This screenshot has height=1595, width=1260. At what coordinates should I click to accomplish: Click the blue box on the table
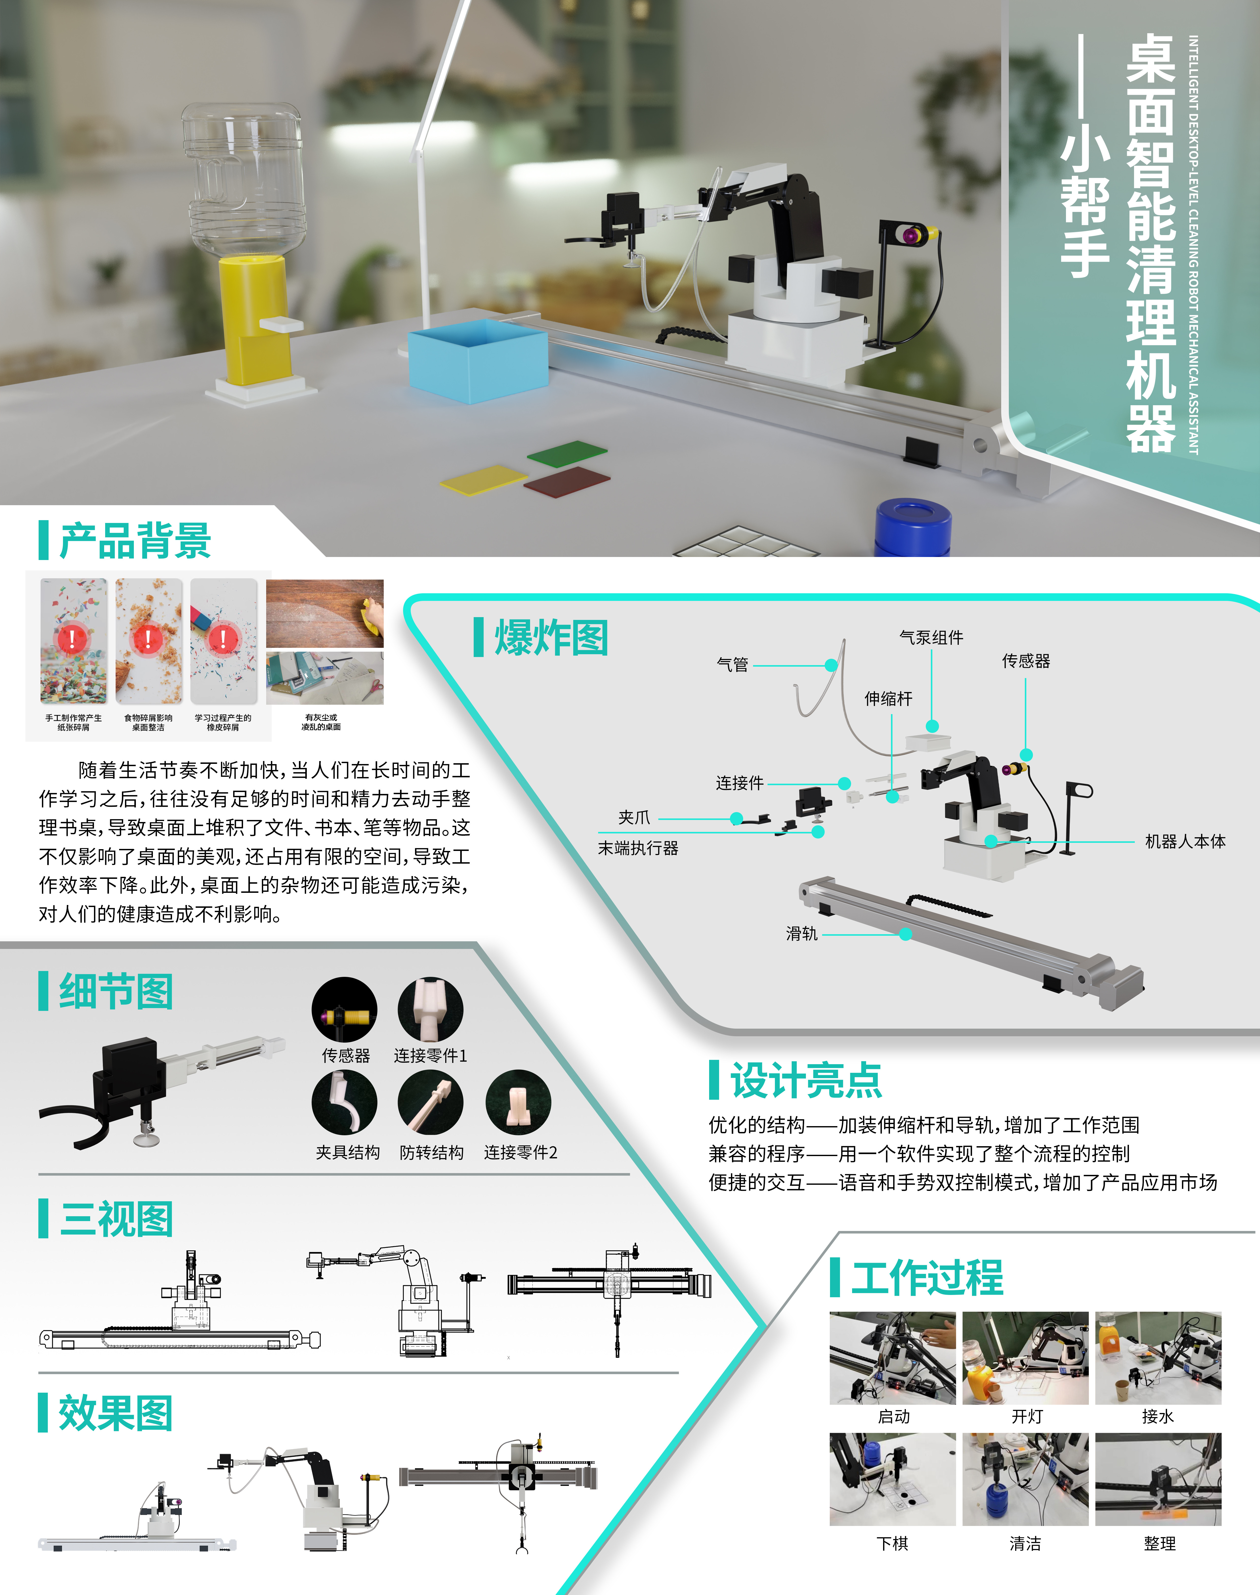pos(478,361)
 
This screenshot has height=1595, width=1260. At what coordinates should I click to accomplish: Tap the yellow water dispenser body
pos(254,321)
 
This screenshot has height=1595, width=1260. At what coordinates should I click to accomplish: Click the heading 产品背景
pos(135,540)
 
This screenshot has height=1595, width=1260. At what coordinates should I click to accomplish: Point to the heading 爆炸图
pos(551,638)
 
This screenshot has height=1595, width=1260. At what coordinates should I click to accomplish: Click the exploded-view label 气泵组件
pos(931,637)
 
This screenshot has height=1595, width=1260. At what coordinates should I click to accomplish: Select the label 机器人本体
pos(1185,841)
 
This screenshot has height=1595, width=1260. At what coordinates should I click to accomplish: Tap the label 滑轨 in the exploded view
pos(802,933)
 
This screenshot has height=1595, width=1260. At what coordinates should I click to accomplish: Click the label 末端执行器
pos(638,848)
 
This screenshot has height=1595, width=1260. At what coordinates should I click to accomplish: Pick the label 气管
pos(732,664)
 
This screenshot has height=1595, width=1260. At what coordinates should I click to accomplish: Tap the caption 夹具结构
pos(347,1153)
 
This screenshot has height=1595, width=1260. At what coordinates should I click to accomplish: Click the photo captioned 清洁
pos(1025,1479)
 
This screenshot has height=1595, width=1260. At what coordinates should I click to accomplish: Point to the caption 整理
pos(1159,1543)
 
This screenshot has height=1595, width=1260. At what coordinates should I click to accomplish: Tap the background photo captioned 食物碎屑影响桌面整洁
pos(148,641)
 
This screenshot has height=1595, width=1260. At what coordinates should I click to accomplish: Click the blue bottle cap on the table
pos(913,527)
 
